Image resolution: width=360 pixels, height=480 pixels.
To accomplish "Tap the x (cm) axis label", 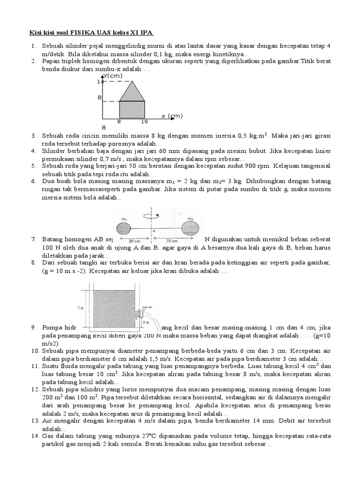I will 172,116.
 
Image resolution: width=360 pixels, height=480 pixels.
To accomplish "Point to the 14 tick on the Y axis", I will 100,82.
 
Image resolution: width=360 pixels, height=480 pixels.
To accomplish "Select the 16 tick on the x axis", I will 144,121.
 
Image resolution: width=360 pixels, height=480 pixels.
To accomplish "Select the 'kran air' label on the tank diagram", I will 147,307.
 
